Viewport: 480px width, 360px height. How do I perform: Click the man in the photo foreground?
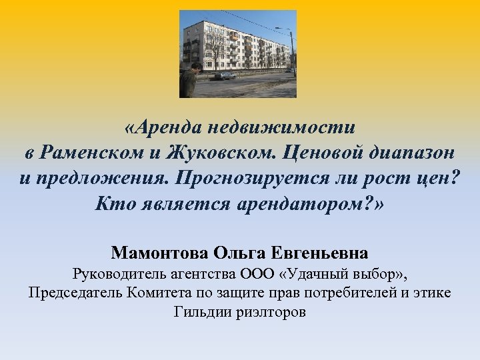[x=189, y=81]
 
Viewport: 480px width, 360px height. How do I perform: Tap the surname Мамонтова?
[x=161, y=253]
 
